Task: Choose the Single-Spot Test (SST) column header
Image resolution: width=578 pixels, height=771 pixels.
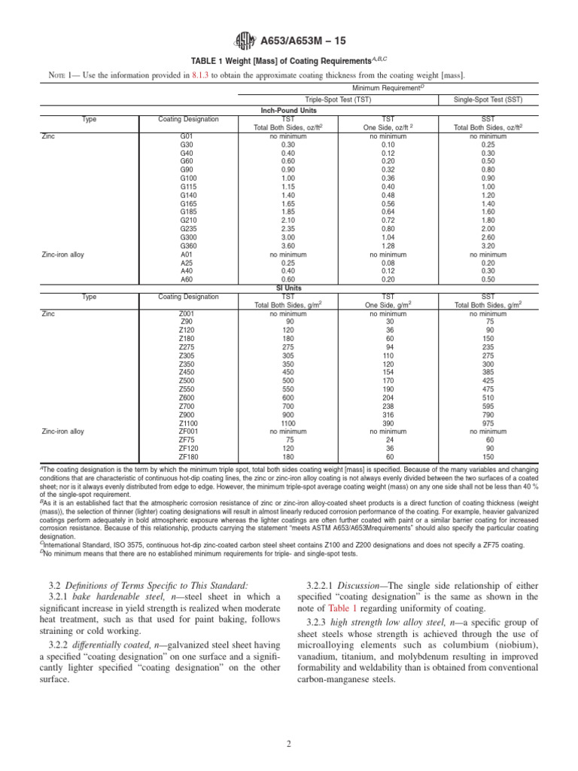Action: click(493, 99)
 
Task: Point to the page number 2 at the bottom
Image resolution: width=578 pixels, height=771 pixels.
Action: click(288, 744)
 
